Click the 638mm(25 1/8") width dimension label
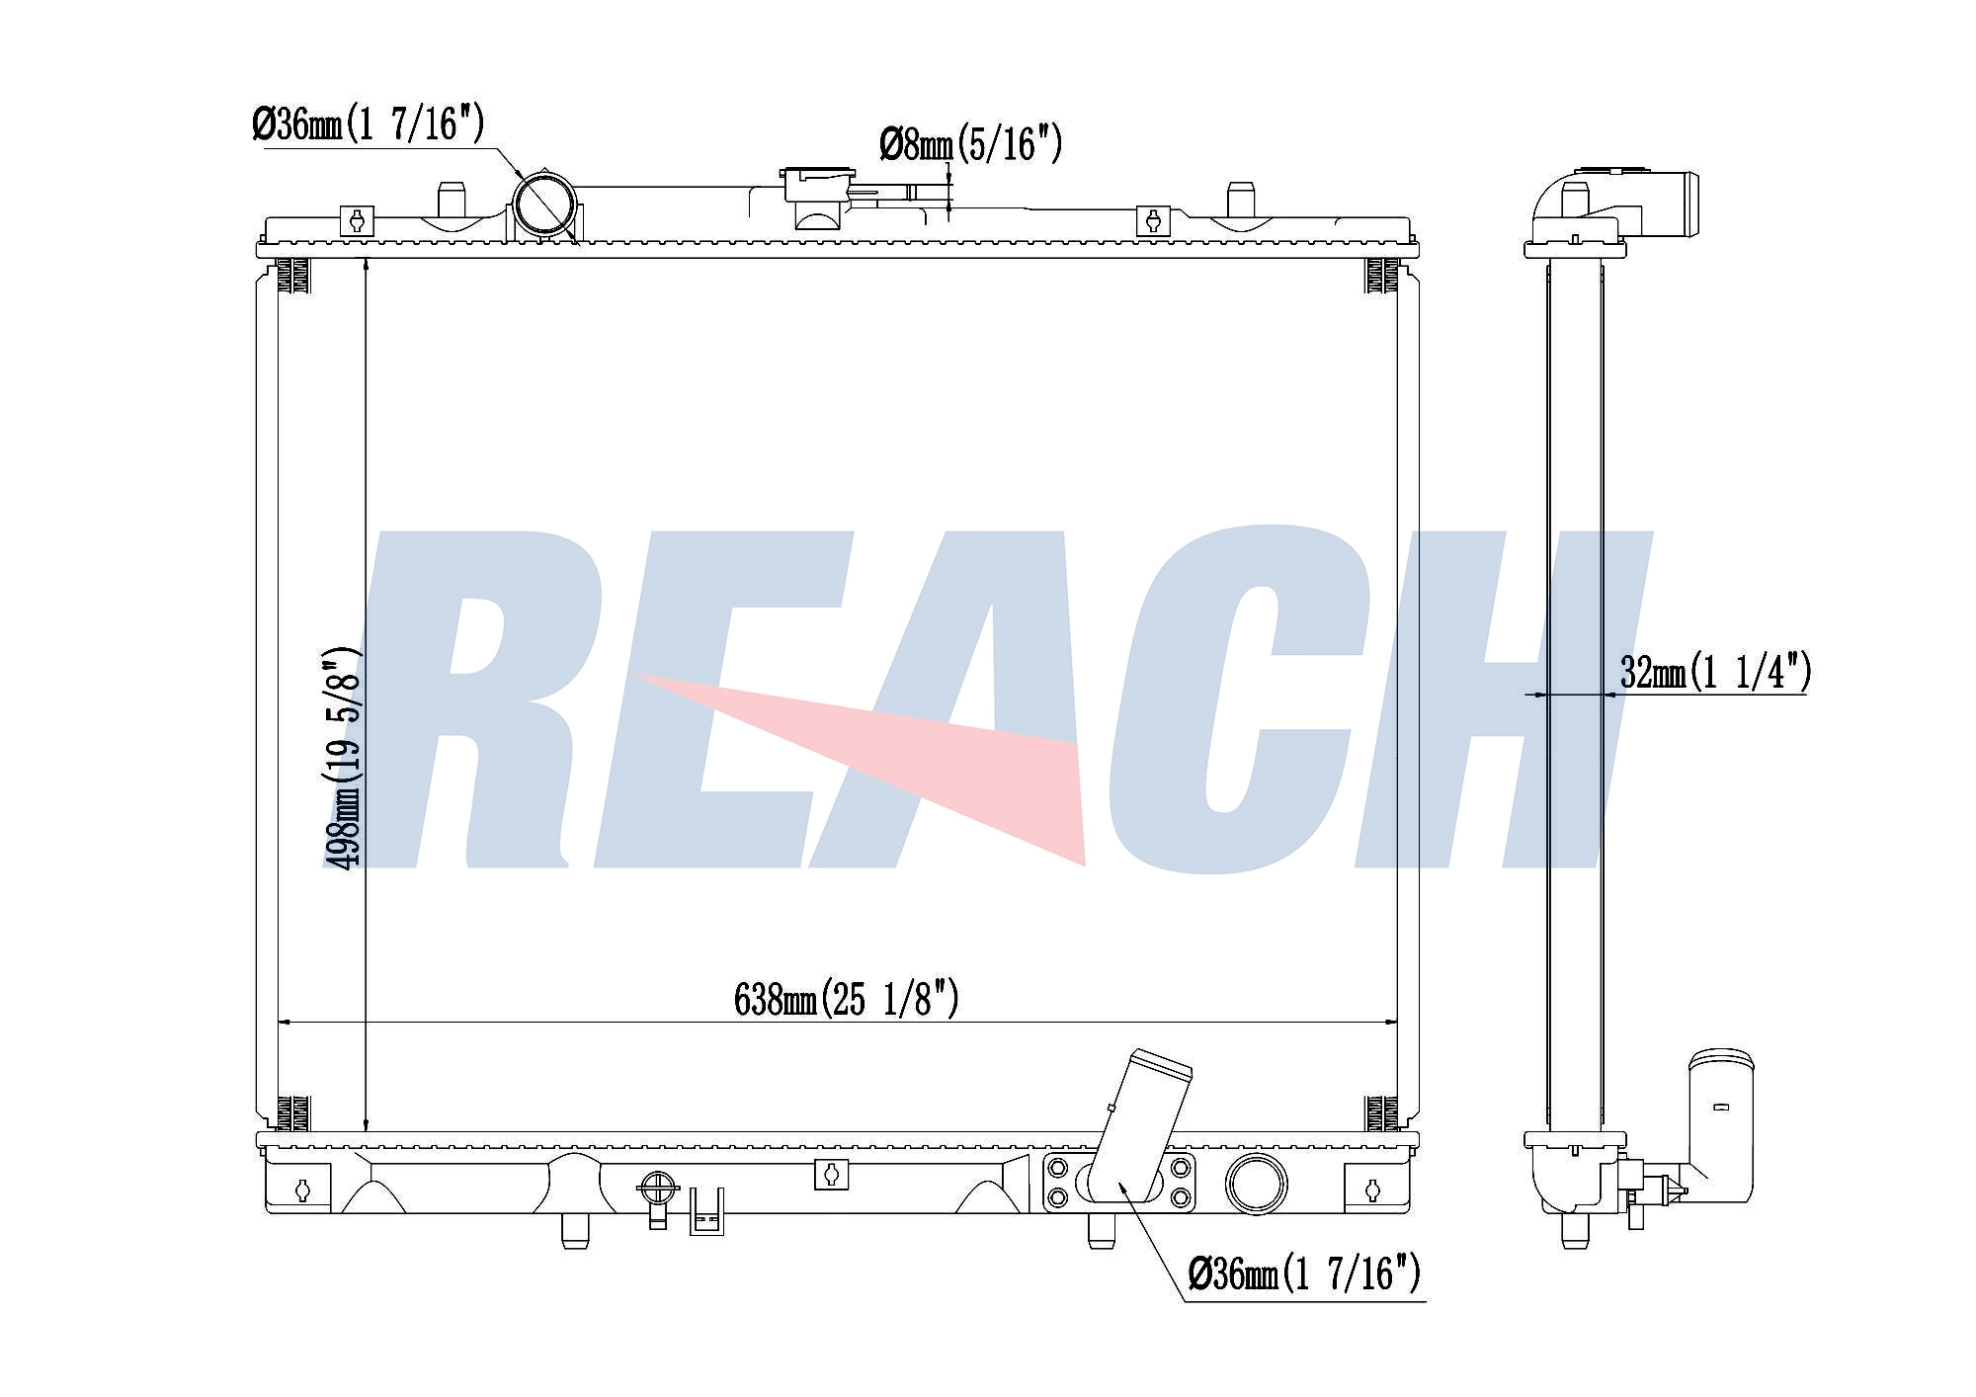[847, 999]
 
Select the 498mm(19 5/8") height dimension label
[343, 758]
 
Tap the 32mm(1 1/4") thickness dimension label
[1715, 673]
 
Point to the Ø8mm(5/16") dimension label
[970, 145]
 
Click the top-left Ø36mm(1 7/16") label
[368, 124]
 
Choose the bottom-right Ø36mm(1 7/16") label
[1304, 1274]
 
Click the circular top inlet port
[543, 205]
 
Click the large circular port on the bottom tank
[1256, 1183]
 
